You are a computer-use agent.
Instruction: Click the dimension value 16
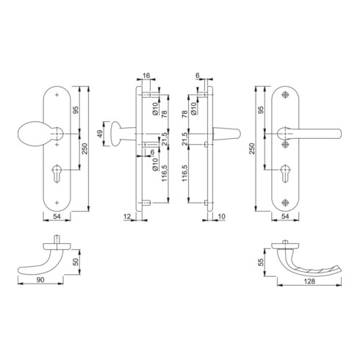click(x=146, y=76)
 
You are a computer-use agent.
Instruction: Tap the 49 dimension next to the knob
click(x=100, y=134)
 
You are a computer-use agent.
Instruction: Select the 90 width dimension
click(x=40, y=280)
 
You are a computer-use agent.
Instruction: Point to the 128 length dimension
click(x=309, y=281)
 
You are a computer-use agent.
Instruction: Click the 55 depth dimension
click(x=262, y=262)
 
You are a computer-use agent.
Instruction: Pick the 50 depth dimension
click(x=76, y=262)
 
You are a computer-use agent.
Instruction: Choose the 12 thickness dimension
click(x=127, y=216)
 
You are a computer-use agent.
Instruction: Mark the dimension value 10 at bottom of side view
click(x=221, y=216)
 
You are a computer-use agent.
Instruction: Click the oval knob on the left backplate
click(x=31, y=134)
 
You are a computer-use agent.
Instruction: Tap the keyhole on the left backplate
click(x=57, y=173)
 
